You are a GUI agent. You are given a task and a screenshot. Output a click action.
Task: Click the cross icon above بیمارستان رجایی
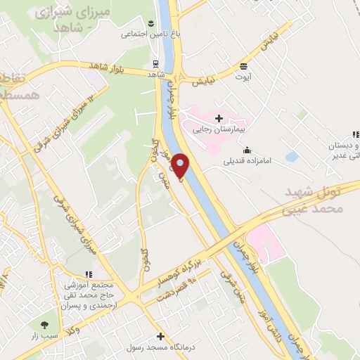[x=219, y=117]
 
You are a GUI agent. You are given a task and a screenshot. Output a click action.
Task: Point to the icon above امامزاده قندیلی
[x=247, y=149]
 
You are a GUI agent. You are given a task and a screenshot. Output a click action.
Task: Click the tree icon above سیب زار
[x=45, y=326]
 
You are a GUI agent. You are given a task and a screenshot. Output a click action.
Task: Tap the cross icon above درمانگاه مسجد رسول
[x=161, y=336]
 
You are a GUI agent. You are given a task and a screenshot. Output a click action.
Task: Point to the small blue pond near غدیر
[x=292, y=156]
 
